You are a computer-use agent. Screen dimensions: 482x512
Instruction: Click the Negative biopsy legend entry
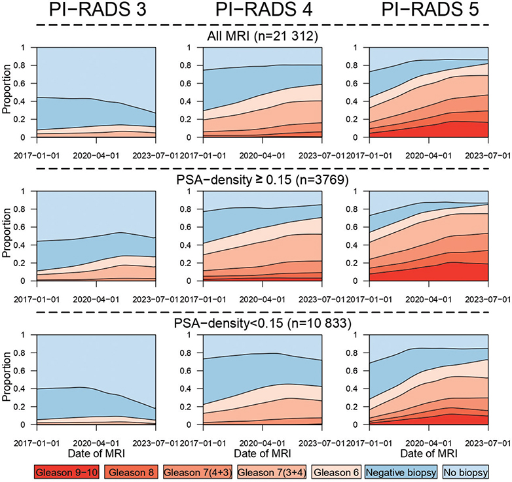coord(401,470)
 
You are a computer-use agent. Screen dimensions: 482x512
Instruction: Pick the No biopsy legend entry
coord(467,470)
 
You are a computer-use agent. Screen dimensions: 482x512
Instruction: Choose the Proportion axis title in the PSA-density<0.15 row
coord(8,379)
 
